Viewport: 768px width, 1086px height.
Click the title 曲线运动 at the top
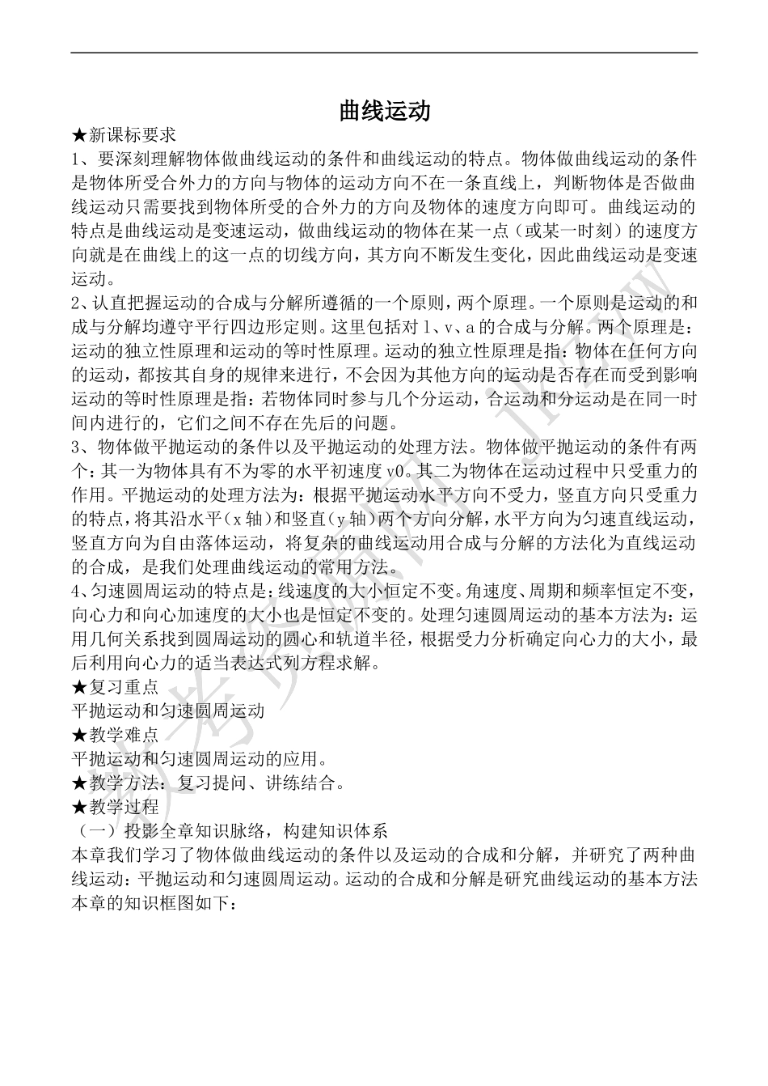pyautogui.click(x=384, y=111)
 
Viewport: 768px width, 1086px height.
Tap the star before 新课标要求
pyautogui.click(x=79, y=134)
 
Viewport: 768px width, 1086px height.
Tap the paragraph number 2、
pyautogui.click(x=82, y=304)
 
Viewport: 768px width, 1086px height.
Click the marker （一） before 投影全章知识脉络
pyautogui.click(x=96, y=830)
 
